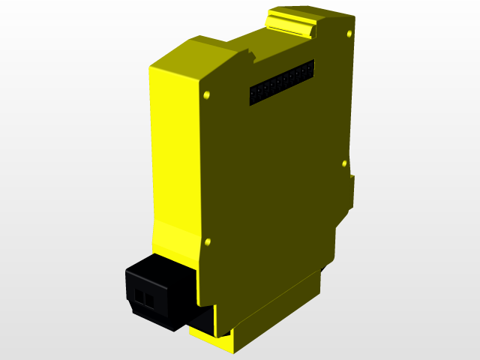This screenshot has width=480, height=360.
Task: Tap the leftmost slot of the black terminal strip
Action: [x=255, y=94]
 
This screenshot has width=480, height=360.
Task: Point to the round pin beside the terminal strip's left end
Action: [x=206, y=95]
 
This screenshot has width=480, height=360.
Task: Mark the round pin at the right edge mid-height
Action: [x=344, y=163]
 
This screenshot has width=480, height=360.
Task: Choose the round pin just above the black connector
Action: [x=207, y=242]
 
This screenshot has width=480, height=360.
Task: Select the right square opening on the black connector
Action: [x=149, y=302]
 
